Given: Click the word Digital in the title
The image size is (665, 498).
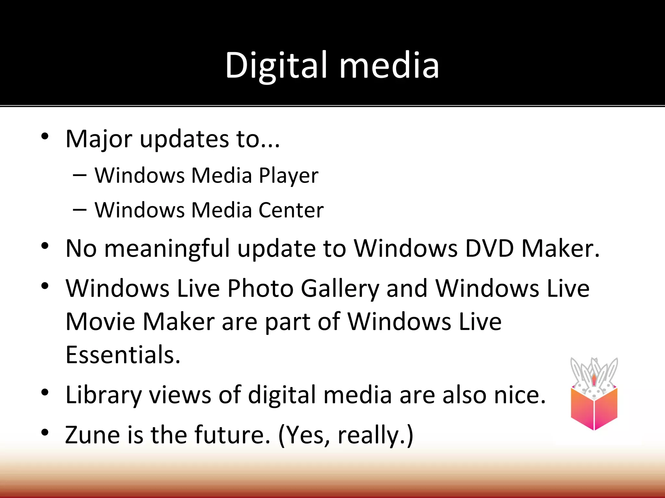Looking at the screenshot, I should pyautogui.click(x=276, y=66).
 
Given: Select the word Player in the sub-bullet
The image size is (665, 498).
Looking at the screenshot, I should pyautogui.click(x=288, y=176).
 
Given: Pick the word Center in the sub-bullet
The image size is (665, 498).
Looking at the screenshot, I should pyautogui.click(x=291, y=210).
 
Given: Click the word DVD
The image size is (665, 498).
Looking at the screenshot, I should pyautogui.click(x=490, y=249).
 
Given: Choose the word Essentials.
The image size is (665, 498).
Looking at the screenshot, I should pyautogui.click(x=123, y=355).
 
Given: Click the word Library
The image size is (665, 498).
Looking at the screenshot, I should pyautogui.click(x=103, y=396).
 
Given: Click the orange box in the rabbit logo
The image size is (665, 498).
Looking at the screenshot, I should pyautogui.click(x=594, y=409).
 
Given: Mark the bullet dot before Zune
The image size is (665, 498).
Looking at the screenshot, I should pyautogui.click(x=45, y=432).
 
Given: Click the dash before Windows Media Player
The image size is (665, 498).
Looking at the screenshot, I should pyautogui.click(x=80, y=175).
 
